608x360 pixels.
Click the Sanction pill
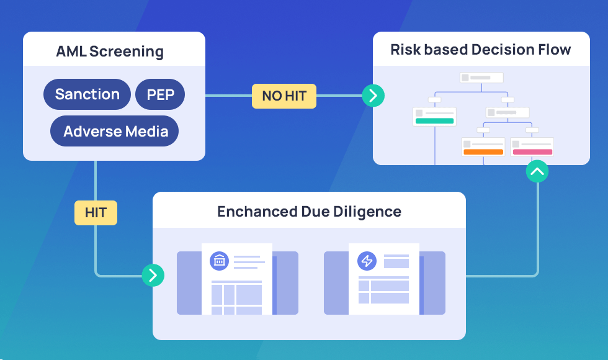click(87, 94)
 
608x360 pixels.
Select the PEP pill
click(160, 94)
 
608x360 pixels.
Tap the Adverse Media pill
click(115, 131)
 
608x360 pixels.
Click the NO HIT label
click(284, 96)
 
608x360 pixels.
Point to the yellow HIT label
click(96, 212)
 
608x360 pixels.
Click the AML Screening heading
click(110, 51)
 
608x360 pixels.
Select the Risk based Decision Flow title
click(481, 50)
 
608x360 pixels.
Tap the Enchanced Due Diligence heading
click(309, 212)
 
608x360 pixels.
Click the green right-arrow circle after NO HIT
click(373, 96)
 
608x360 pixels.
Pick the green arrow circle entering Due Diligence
click(153, 274)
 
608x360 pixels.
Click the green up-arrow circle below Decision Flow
click(537, 171)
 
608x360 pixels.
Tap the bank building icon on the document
click(219, 261)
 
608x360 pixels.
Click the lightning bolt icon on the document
click(367, 261)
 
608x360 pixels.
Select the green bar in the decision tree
click(435, 121)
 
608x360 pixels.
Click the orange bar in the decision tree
click(483, 151)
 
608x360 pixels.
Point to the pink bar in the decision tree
click(532, 151)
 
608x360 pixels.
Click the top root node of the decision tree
click(481, 78)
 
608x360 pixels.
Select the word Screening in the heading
click(126, 51)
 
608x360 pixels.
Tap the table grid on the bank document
click(236, 297)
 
